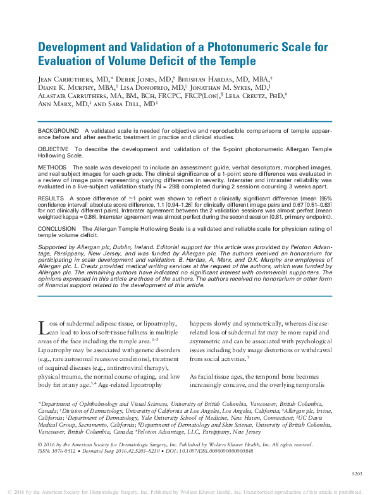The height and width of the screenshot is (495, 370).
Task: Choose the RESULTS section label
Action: tap(51, 198)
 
